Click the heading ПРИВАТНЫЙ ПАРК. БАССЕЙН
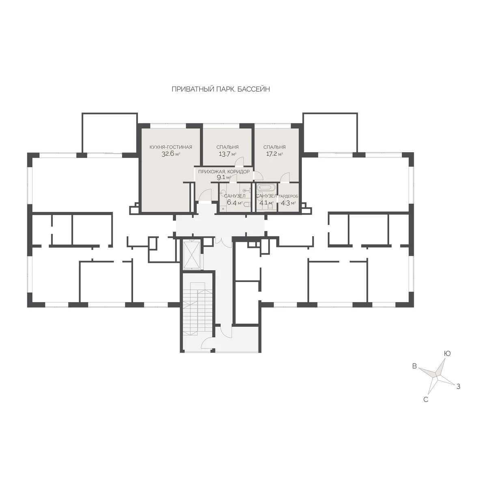(x=221, y=89)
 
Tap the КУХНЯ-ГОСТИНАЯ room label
(x=171, y=147)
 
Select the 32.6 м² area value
(x=171, y=154)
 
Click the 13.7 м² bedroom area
(x=227, y=154)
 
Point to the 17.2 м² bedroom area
(x=274, y=154)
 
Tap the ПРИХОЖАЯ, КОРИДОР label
(x=224, y=172)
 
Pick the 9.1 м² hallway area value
(x=224, y=177)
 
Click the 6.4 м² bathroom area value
(x=235, y=203)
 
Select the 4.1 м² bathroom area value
(x=266, y=203)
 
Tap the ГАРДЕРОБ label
(x=289, y=196)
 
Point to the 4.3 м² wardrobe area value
(x=289, y=203)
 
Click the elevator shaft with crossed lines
(x=192, y=255)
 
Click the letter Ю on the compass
(x=447, y=353)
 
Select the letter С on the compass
(x=426, y=400)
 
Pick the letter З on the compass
(x=458, y=386)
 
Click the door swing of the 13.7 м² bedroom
(x=239, y=161)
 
